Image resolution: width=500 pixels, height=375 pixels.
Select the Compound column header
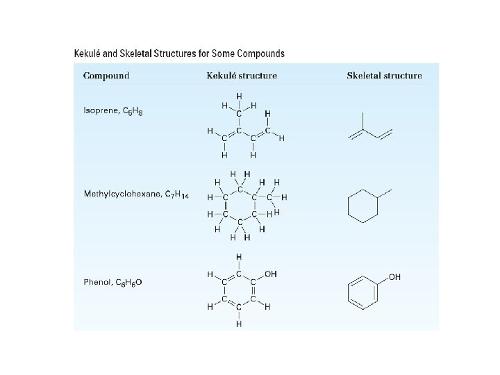tap(106, 76)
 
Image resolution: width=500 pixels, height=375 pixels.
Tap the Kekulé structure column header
tap(242, 76)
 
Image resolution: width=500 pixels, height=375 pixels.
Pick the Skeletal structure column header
tap(384, 76)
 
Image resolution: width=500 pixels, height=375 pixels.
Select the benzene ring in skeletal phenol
tap(362, 291)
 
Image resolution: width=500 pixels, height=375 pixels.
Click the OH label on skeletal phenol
tap(394, 277)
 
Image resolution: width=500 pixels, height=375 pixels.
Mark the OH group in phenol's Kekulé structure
tap(271, 274)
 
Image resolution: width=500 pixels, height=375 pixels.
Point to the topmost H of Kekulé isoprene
tap(239, 96)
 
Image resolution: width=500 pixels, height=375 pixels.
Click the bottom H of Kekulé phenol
tap(239, 324)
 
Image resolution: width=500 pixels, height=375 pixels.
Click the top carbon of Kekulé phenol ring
tap(239, 274)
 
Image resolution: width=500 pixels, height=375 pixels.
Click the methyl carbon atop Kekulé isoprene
tap(239, 113)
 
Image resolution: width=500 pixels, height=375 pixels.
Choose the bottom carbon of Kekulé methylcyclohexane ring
tap(239, 222)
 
